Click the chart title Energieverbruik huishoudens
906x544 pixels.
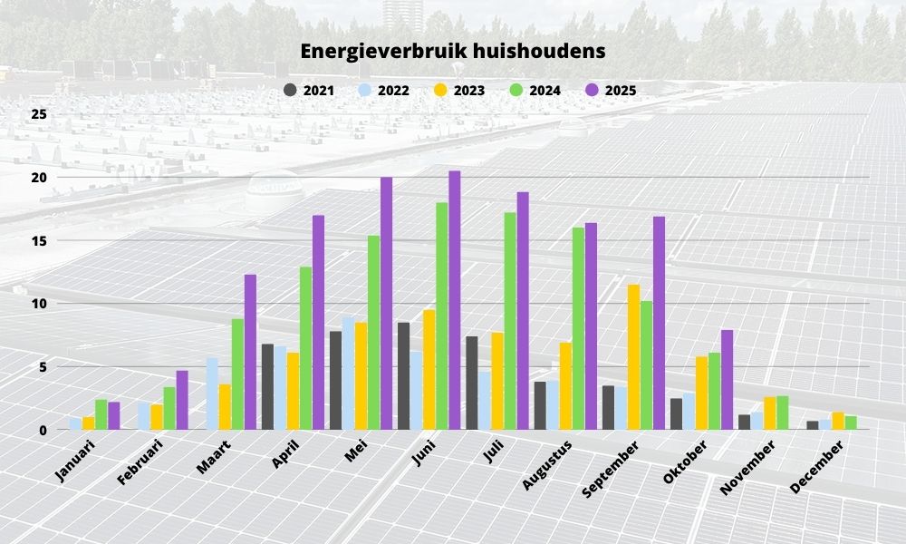point(453,52)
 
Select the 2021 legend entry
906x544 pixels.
point(309,91)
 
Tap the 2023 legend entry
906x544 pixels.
point(458,91)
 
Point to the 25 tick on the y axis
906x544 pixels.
point(38,114)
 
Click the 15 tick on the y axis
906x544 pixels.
point(38,240)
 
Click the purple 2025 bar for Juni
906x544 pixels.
point(454,300)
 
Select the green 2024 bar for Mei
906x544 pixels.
point(373,333)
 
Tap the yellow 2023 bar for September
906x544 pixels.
point(634,357)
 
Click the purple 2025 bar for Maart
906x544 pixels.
point(250,352)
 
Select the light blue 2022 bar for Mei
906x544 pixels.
point(348,373)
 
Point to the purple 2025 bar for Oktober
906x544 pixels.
point(727,380)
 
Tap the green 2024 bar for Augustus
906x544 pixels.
point(578,328)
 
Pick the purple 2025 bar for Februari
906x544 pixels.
point(182,400)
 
